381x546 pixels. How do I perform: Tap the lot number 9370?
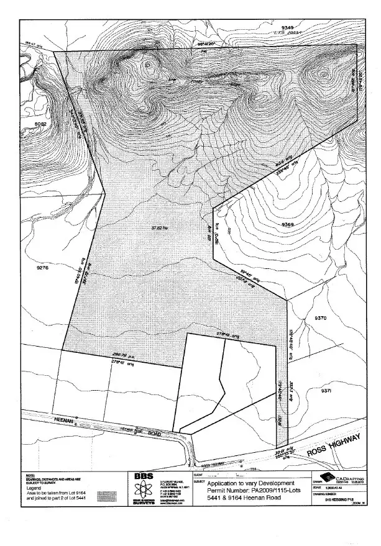click(321, 318)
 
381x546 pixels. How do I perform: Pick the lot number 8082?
click(41, 124)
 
